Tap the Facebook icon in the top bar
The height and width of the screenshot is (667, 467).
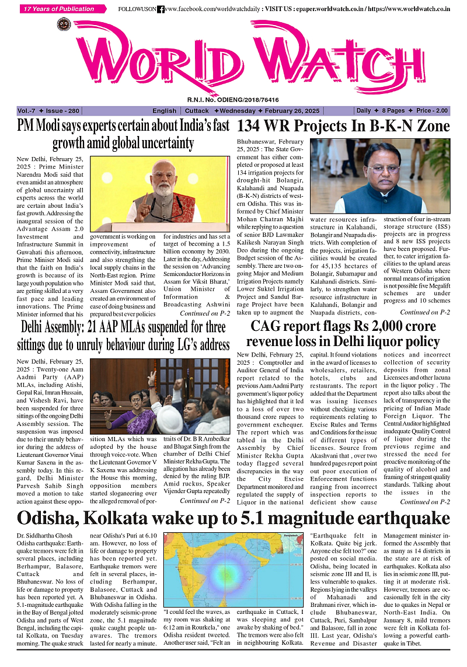(161, 9)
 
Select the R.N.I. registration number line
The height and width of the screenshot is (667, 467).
(233, 100)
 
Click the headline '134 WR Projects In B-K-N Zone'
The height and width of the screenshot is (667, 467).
(343, 127)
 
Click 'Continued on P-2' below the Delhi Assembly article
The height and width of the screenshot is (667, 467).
(205, 500)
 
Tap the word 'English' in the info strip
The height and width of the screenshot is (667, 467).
(164, 111)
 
